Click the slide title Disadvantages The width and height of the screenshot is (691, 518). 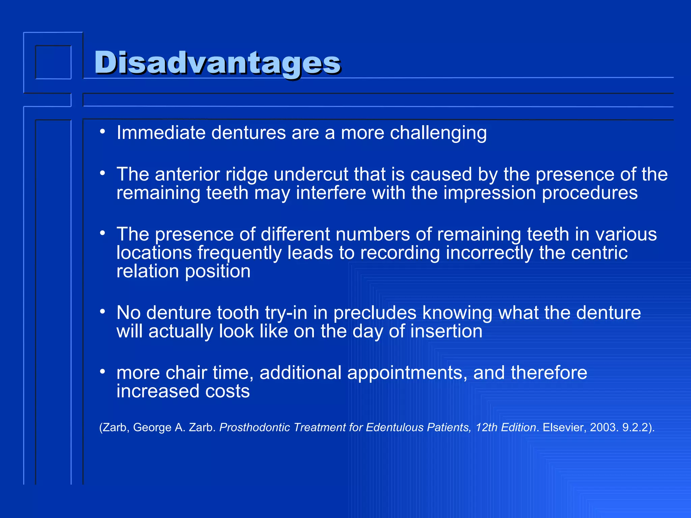coord(218,63)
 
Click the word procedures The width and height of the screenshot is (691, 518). coord(589,193)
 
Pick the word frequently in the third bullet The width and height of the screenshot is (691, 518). coord(239,253)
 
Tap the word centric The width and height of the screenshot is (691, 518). coord(599,253)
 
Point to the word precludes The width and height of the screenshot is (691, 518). coord(375,313)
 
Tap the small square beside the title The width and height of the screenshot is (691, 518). coord(53,62)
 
